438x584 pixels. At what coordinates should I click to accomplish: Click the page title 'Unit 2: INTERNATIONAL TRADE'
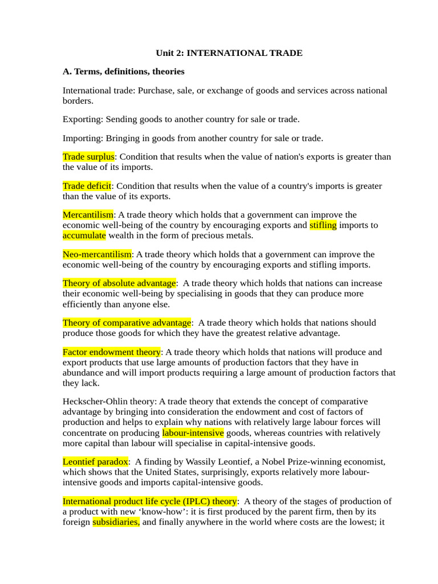tap(229, 53)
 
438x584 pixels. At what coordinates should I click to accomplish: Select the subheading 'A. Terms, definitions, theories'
tap(123, 71)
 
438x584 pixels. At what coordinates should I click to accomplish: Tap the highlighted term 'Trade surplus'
tap(88, 157)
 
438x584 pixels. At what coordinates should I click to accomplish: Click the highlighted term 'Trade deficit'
tap(87, 186)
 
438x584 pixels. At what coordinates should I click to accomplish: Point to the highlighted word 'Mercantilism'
tap(88, 215)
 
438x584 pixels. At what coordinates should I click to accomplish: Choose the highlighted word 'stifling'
tap(323, 225)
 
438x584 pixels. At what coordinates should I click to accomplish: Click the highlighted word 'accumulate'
tap(84, 236)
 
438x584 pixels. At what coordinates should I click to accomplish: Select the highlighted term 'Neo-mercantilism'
tap(97, 254)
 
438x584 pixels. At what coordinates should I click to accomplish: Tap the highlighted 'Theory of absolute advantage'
tap(119, 283)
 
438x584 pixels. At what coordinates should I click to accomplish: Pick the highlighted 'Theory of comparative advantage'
tap(127, 323)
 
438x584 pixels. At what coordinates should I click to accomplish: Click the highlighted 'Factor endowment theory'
tap(112, 352)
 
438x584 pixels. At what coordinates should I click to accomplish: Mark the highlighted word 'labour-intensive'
tap(193, 433)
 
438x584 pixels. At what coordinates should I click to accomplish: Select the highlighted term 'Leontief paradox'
tap(95, 462)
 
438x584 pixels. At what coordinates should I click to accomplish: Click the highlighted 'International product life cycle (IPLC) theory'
tap(149, 501)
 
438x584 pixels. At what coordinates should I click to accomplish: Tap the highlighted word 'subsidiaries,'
tap(116, 522)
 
